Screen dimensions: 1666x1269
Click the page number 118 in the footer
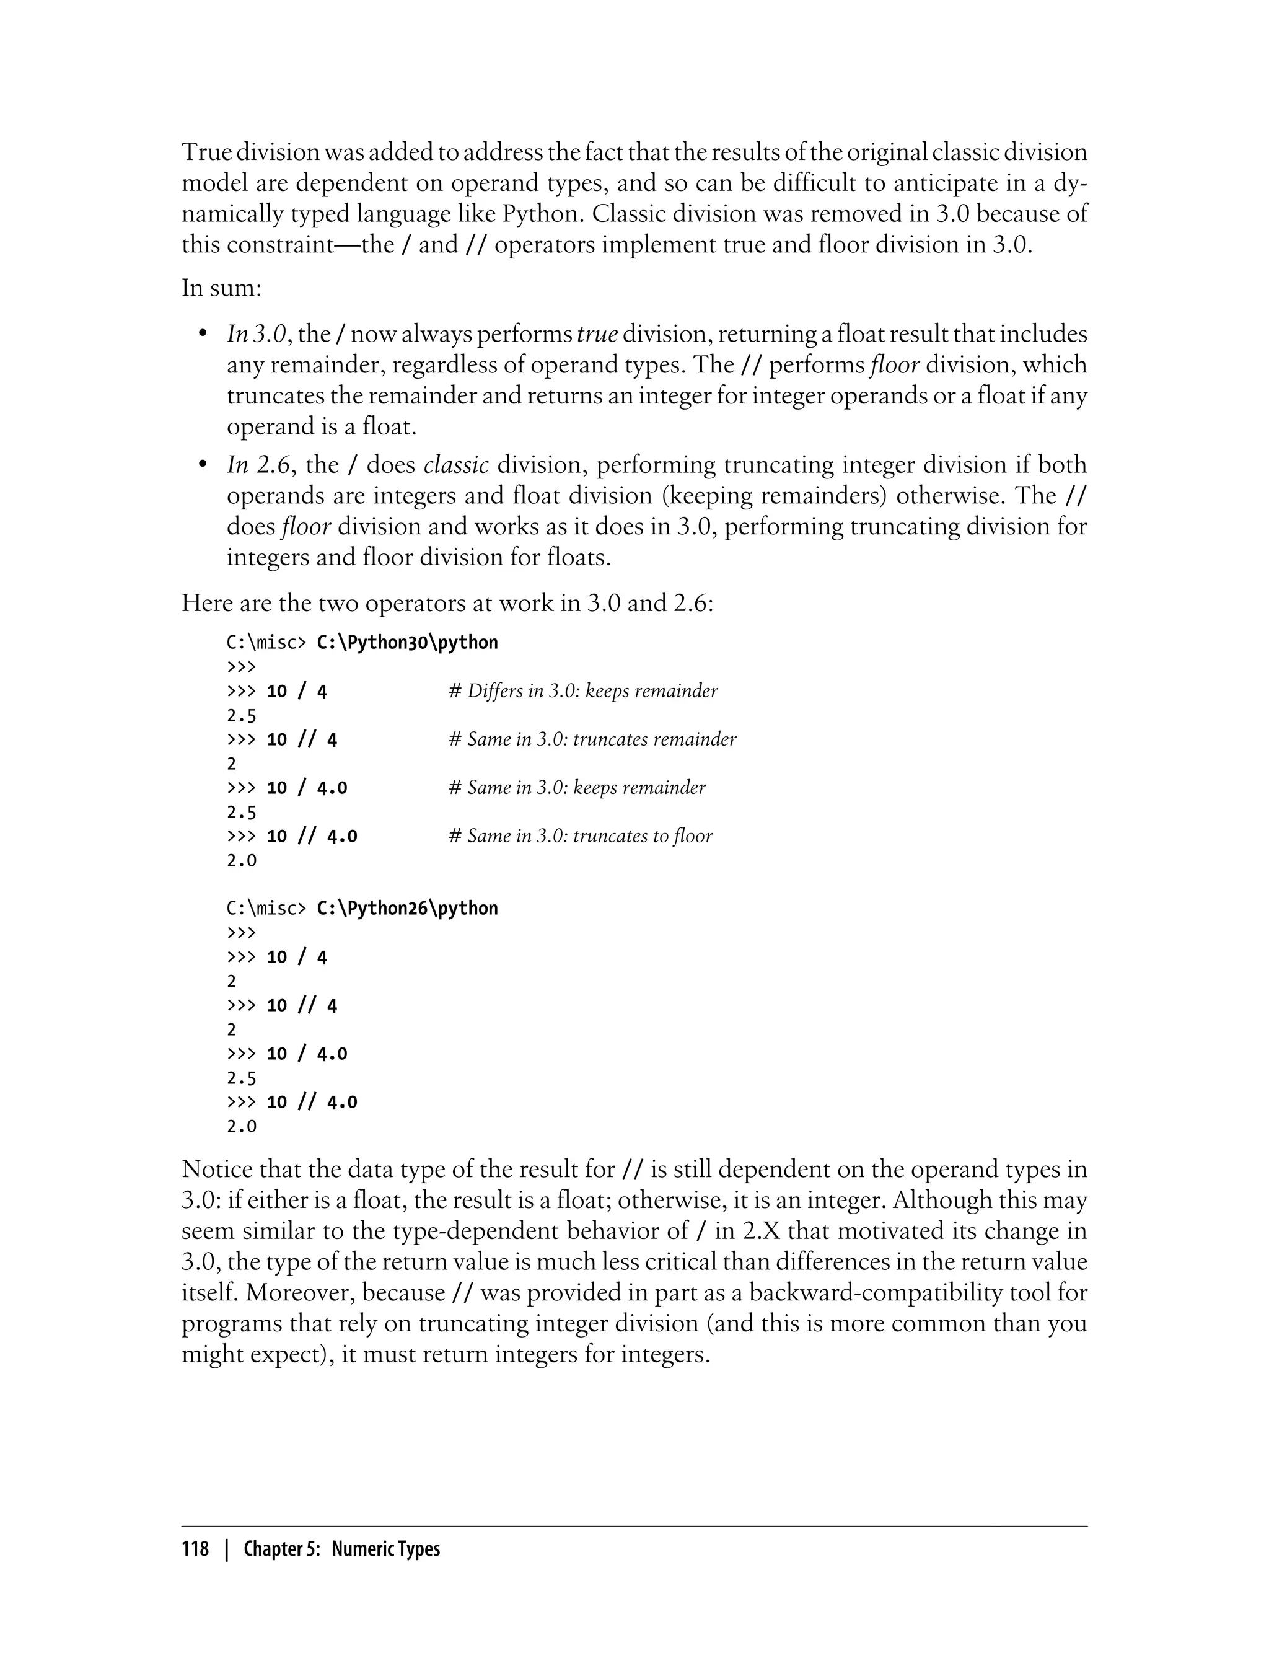pyautogui.click(x=195, y=1549)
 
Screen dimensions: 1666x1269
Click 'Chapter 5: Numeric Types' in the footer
pyautogui.click(x=341, y=1549)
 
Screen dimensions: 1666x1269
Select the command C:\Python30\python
pyautogui.click(x=407, y=643)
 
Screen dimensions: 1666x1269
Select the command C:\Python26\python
pyautogui.click(x=407, y=908)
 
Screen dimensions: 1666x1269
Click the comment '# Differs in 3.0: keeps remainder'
pyautogui.click(x=582, y=690)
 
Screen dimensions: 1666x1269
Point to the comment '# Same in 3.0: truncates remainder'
pyautogui.click(x=592, y=739)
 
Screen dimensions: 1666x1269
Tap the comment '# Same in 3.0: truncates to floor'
pyautogui.click(x=580, y=835)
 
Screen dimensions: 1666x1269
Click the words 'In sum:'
pyautogui.click(x=221, y=288)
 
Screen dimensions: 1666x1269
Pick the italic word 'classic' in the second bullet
pyautogui.click(x=456, y=465)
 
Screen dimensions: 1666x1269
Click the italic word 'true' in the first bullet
pyautogui.click(x=597, y=334)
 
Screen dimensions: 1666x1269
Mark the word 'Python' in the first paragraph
pyautogui.click(x=542, y=214)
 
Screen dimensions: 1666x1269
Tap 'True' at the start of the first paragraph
pyautogui.click(x=206, y=152)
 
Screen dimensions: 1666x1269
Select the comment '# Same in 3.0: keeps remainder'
pyautogui.click(x=576, y=787)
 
